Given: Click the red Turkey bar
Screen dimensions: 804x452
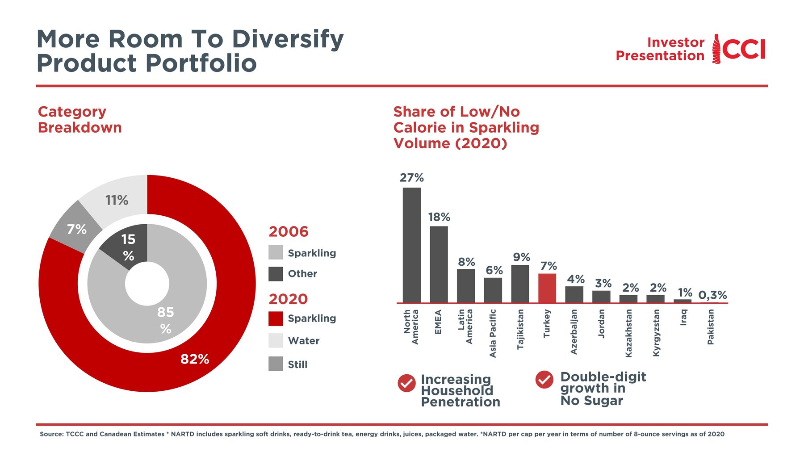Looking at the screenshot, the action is (x=547, y=288).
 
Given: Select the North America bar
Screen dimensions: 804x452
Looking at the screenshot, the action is (x=411, y=245).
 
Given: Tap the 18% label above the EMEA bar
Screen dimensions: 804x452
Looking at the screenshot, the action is (x=439, y=217).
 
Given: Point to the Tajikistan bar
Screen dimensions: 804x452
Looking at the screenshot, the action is (x=520, y=284).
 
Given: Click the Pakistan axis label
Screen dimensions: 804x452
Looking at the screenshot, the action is (x=711, y=327).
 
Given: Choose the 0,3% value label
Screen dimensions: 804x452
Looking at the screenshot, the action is (x=712, y=295).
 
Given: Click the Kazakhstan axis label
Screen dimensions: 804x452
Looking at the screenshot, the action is (x=628, y=333).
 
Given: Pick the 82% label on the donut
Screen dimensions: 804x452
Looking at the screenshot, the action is (x=195, y=359).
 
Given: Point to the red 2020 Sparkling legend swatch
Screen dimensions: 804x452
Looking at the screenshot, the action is (x=276, y=318).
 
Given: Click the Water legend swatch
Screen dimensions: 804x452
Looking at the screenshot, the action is (x=276, y=340).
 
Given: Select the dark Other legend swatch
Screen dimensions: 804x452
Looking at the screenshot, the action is (x=276, y=274).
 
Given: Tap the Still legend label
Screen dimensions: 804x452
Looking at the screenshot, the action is (x=297, y=364).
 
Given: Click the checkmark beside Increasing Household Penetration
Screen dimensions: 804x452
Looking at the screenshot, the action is (x=406, y=383).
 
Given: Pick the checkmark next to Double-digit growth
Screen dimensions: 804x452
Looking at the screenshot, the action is (x=544, y=380).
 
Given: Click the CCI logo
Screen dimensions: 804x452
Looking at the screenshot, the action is (x=739, y=49).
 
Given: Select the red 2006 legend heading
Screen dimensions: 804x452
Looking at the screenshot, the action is (x=289, y=231).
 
